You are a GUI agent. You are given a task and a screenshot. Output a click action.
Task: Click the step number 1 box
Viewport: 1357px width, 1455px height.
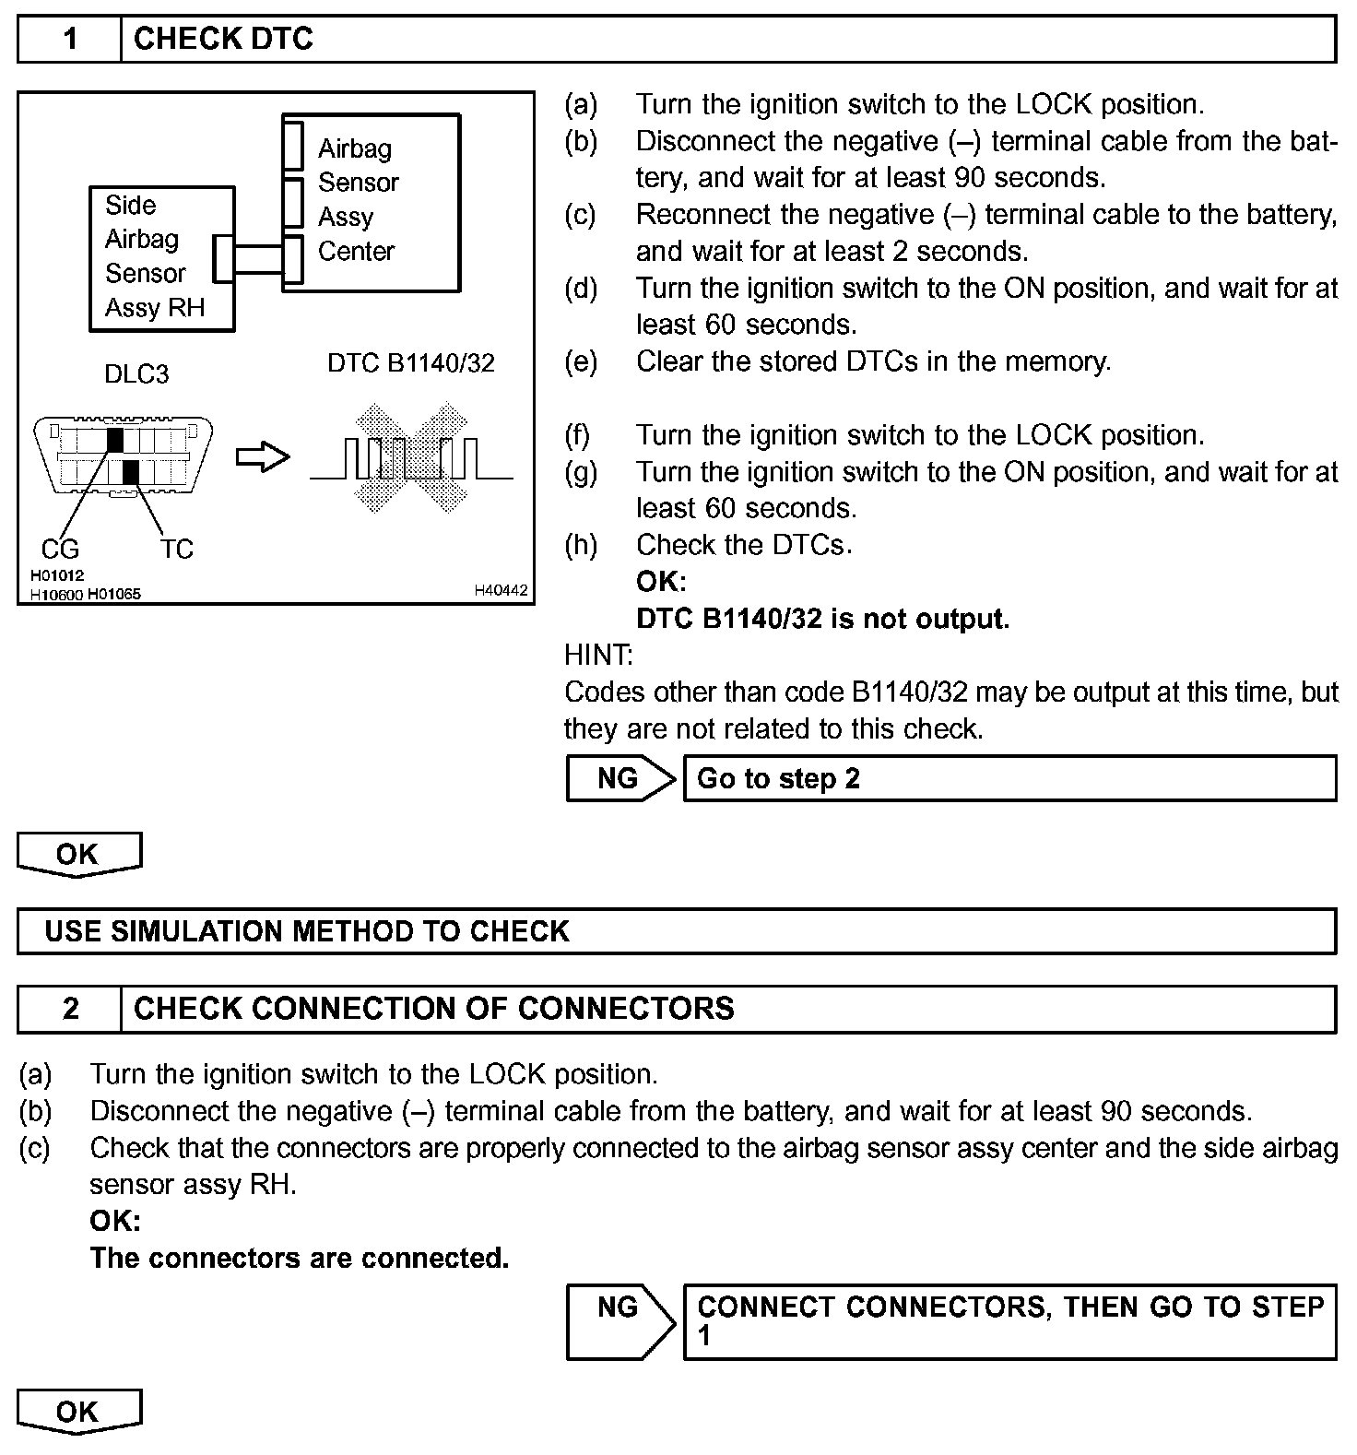pyautogui.click(x=70, y=39)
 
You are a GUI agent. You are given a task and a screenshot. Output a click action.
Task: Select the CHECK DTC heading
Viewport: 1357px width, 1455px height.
pyautogui.click(x=223, y=39)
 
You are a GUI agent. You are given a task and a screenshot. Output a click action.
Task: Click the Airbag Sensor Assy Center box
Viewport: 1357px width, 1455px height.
pyautogui.click(x=372, y=202)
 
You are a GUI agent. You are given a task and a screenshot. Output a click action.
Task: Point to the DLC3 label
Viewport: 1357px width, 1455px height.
pyautogui.click(x=136, y=374)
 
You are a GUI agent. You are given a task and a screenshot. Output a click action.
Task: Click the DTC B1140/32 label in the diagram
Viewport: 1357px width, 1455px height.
pyautogui.click(x=410, y=363)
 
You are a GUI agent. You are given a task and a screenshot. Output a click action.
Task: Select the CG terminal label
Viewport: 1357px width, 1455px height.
pyautogui.click(x=60, y=550)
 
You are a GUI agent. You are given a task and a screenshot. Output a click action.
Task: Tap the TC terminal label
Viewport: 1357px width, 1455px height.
pyautogui.click(x=176, y=550)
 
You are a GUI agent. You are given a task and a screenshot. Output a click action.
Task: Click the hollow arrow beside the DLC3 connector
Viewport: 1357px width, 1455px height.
pyautogui.click(x=263, y=457)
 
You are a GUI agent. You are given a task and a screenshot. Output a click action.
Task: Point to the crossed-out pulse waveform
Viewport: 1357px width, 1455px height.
pyautogui.click(x=411, y=458)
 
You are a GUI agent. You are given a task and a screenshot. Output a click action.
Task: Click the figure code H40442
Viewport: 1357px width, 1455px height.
pyautogui.click(x=501, y=590)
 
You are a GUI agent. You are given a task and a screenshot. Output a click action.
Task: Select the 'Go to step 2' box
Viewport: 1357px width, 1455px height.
pyautogui.click(x=1009, y=779)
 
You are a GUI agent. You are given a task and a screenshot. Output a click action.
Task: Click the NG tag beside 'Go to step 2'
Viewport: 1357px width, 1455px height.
pyautogui.click(x=619, y=779)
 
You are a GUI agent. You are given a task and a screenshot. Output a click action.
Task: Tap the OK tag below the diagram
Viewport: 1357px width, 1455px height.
pyautogui.click(x=78, y=855)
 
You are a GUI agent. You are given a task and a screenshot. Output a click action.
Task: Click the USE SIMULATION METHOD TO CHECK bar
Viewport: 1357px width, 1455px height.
pyautogui.click(x=677, y=931)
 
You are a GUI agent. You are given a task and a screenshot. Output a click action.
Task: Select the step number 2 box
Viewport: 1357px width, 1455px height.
pyautogui.click(x=70, y=1009)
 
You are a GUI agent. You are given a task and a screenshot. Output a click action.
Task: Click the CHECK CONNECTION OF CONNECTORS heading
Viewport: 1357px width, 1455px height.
pyautogui.click(x=434, y=1009)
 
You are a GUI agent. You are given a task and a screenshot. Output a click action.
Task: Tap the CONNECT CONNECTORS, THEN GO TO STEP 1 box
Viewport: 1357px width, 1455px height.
pyautogui.click(x=1009, y=1321)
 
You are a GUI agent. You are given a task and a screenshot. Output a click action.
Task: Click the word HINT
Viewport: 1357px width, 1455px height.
pyautogui.click(x=597, y=656)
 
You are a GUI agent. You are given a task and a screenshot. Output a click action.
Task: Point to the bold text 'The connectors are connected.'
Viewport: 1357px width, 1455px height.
pyautogui.click(x=300, y=1259)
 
